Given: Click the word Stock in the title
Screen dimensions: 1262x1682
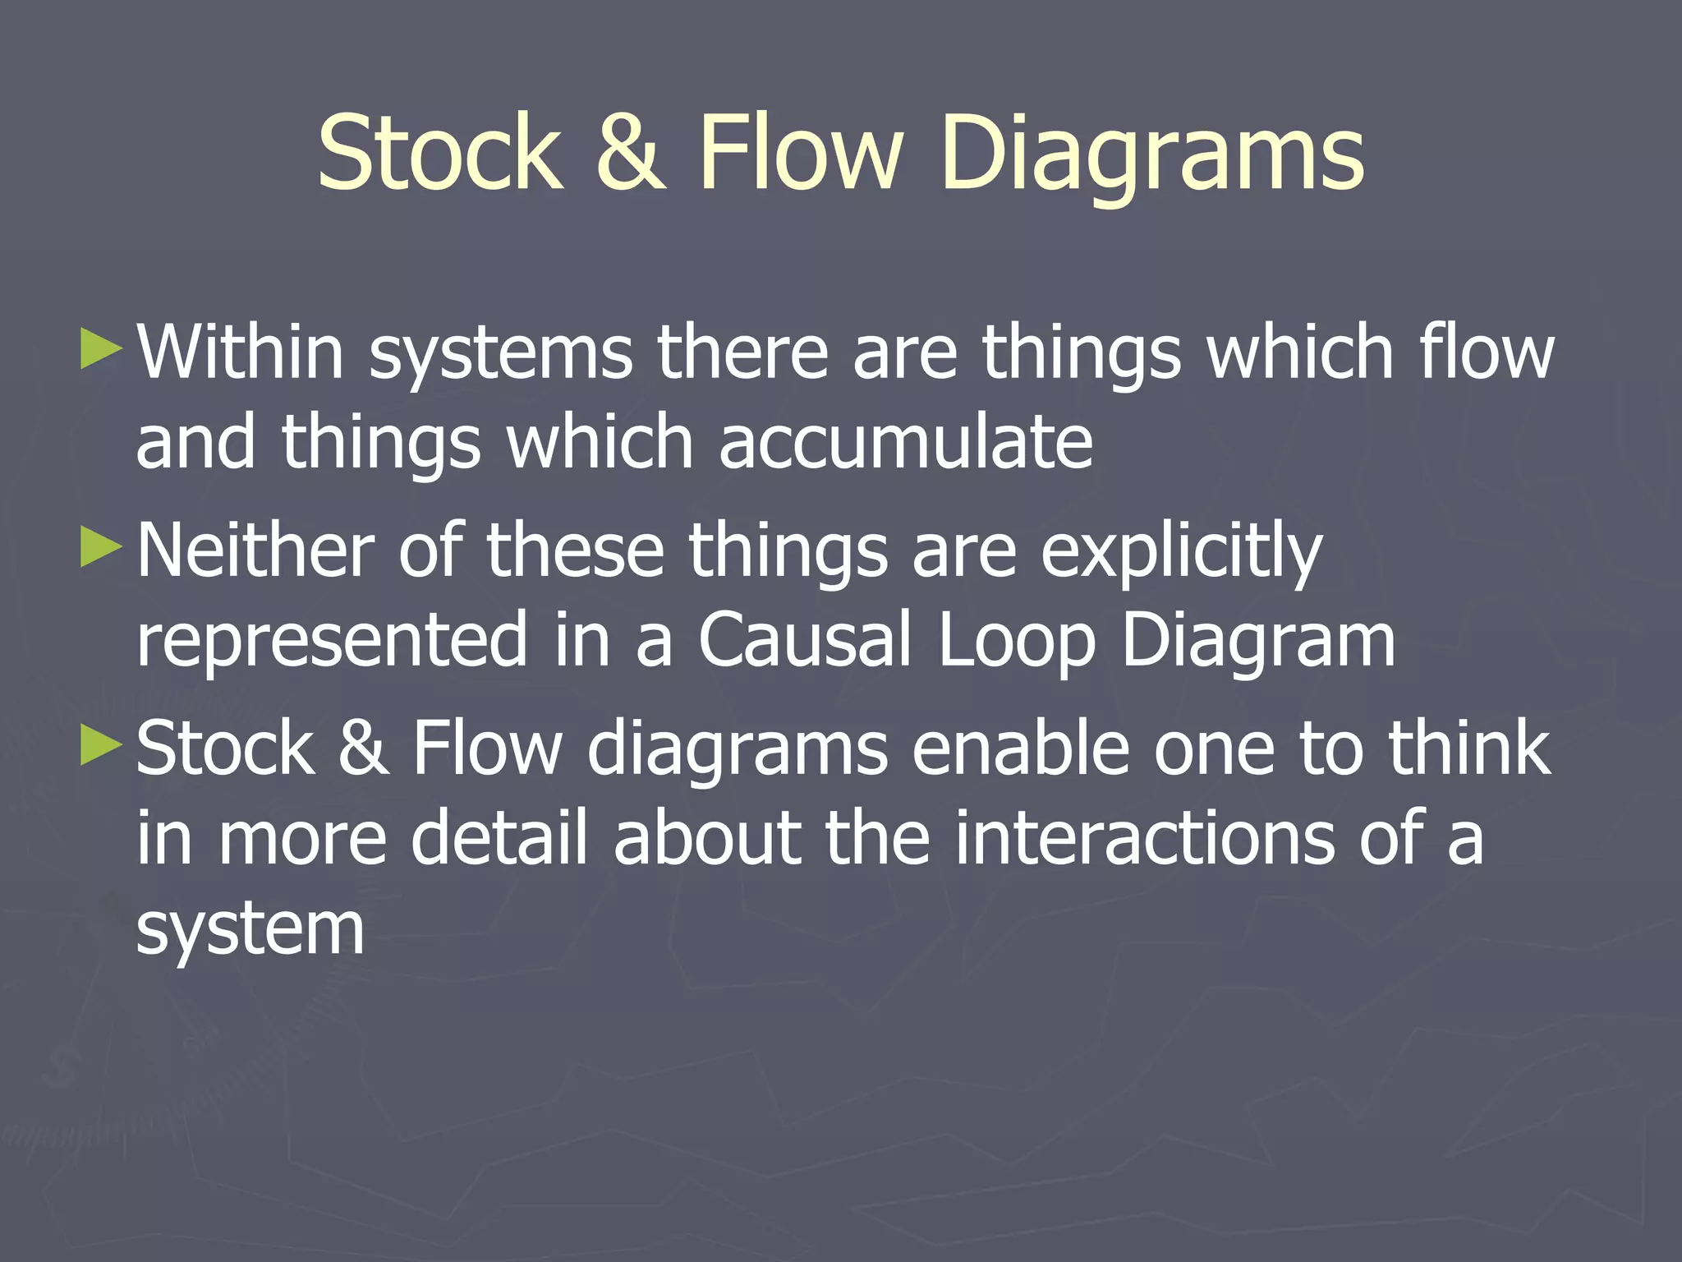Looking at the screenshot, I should pyautogui.click(x=440, y=153).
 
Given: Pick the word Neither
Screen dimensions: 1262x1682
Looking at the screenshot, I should pyautogui.click(x=255, y=550).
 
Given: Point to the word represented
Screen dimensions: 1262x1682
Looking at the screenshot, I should pyautogui.click(x=331, y=641).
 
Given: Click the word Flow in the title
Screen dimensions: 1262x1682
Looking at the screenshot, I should pyautogui.click(x=801, y=153).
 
